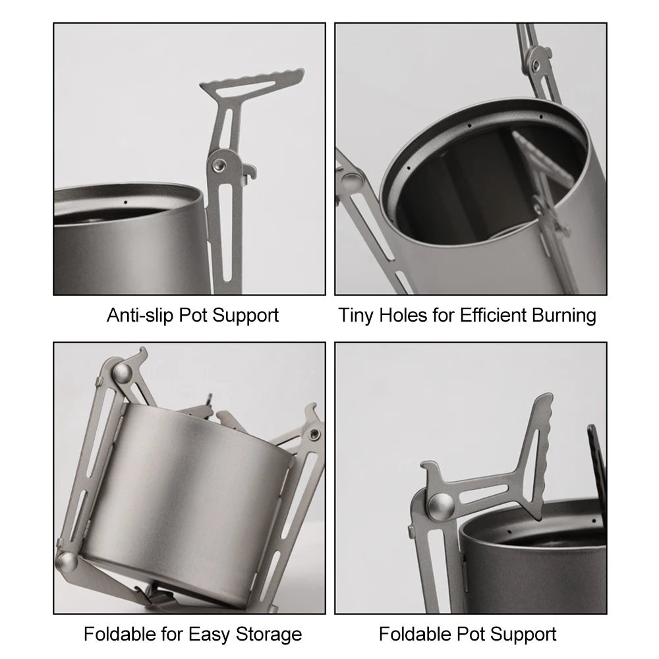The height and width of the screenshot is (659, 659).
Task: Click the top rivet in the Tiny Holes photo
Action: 537,64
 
